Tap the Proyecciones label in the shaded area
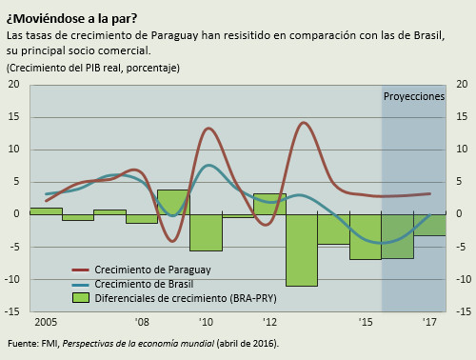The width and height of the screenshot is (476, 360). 413,97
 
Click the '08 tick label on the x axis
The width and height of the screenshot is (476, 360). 141,321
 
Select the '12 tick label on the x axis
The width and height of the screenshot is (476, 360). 269,321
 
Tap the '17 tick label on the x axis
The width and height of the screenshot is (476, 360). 429,321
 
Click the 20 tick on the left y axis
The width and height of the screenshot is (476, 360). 14,85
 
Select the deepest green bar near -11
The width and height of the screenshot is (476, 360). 302,250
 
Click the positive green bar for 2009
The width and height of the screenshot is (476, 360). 172,202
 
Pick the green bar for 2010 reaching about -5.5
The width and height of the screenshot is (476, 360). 206,231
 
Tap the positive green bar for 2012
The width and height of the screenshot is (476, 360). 269,204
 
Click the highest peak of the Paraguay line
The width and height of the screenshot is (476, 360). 304,123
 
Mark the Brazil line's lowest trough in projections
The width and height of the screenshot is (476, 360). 382,243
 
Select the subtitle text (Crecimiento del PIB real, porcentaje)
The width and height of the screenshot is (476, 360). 92,68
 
